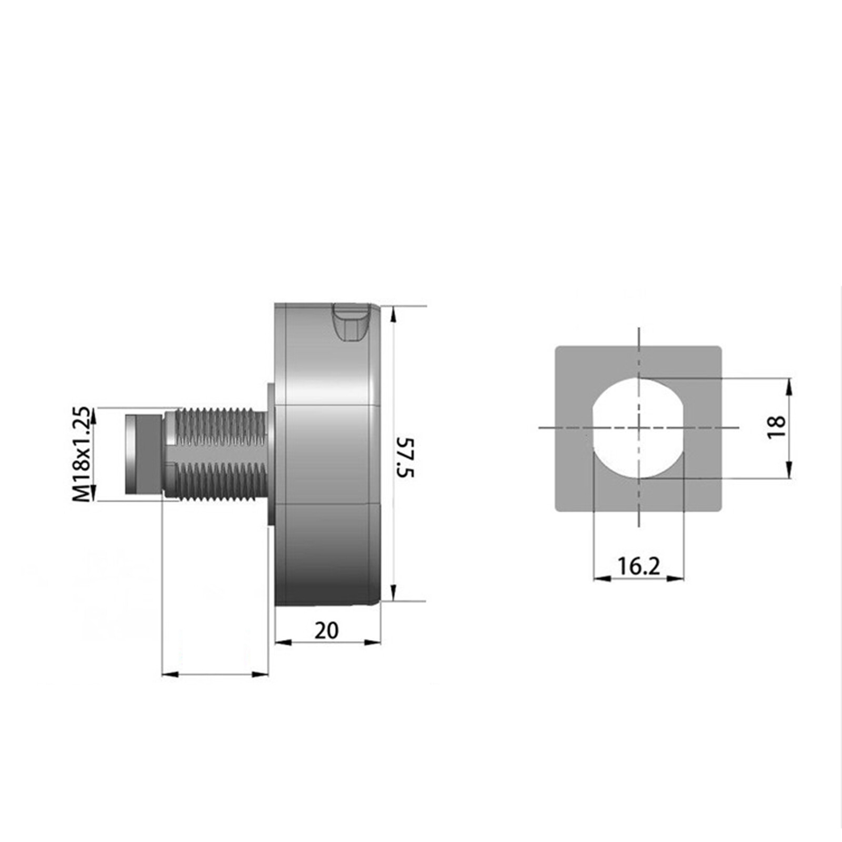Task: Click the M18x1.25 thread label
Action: (81, 454)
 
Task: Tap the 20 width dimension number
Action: (326, 630)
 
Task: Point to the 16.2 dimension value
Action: (638, 566)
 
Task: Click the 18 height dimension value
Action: (777, 427)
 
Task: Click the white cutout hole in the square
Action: (638, 427)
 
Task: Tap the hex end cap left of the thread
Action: (143, 454)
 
